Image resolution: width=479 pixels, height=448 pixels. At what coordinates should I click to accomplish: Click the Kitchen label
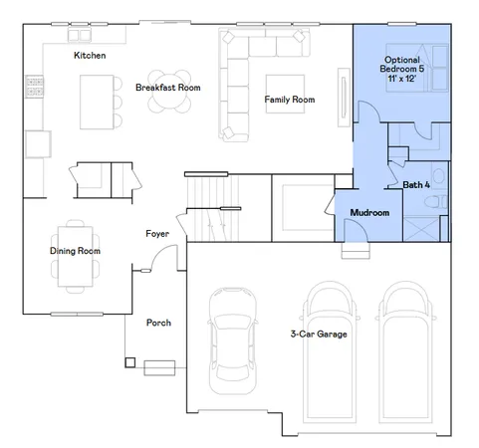(x=89, y=56)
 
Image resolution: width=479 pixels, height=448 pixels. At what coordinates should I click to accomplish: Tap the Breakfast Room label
(x=168, y=88)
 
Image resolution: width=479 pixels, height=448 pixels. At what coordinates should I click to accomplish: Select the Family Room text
(x=289, y=100)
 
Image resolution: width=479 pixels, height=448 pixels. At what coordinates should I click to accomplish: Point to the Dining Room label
(x=76, y=251)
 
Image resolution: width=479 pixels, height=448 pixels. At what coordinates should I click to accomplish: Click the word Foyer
(x=156, y=234)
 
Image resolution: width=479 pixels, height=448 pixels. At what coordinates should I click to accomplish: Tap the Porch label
(x=158, y=323)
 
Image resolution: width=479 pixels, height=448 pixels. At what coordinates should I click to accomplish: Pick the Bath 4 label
(x=416, y=184)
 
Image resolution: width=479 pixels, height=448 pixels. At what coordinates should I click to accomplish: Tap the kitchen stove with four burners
(x=33, y=88)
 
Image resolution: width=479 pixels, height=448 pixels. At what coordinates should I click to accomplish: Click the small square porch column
(x=129, y=361)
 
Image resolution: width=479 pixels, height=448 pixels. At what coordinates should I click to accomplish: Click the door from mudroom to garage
(x=351, y=230)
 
